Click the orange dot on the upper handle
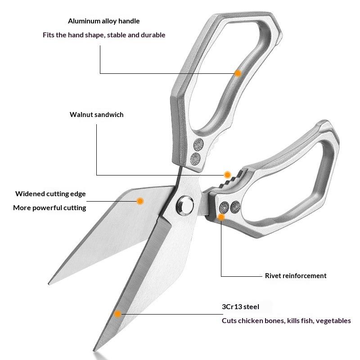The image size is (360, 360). click(x=238, y=73)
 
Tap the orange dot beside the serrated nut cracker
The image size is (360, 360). click(x=228, y=175)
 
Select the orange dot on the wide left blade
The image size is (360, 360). click(x=140, y=201)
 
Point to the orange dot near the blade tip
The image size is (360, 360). click(x=118, y=314)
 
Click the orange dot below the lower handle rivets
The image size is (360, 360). click(x=221, y=217)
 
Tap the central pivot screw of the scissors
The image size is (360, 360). click(x=184, y=205)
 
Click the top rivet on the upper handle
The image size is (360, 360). click(x=197, y=144)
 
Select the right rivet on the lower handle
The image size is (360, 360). click(x=235, y=207)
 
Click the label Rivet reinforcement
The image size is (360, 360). click(x=296, y=276)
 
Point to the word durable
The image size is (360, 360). click(x=153, y=35)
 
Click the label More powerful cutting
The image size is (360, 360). click(x=49, y=208)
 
